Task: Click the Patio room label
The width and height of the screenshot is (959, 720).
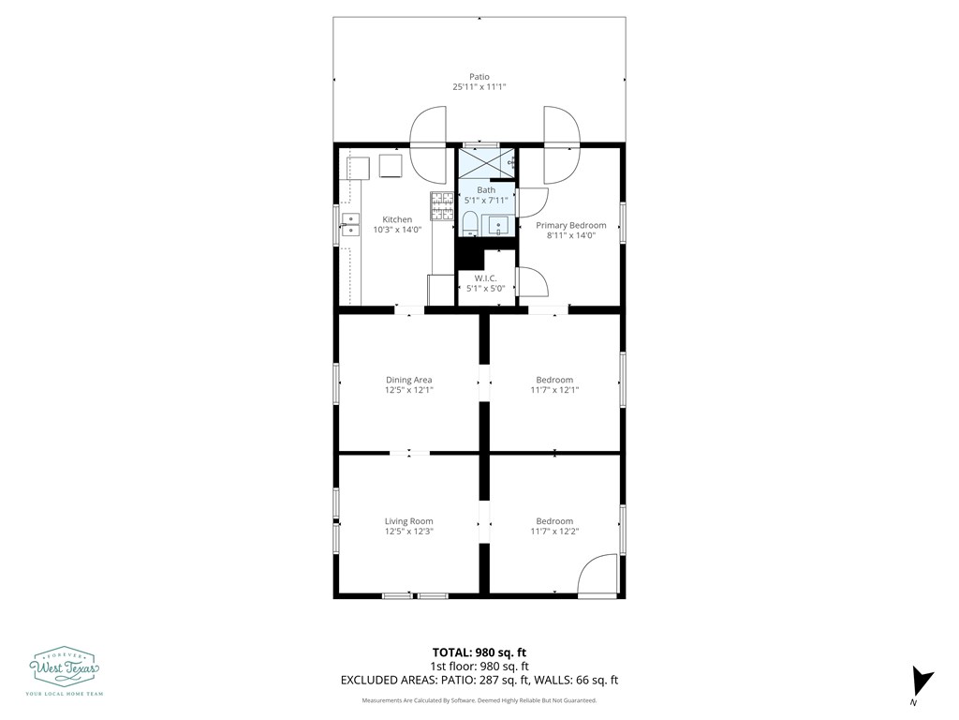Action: (x=479, y=77)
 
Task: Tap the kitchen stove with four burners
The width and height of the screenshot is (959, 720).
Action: (x=442, y=205)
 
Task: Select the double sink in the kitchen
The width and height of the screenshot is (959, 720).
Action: (x=350, y=224)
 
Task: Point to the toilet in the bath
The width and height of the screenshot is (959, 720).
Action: (x=469, y=223)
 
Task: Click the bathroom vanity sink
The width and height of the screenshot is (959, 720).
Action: (x=499, y=225)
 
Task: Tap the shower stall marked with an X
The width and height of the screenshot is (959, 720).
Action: (x=487, y=162)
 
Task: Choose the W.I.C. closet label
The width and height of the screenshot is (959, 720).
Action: (x=486, y=278)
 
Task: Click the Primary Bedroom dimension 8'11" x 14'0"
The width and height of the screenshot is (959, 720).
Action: (x=571, y=235)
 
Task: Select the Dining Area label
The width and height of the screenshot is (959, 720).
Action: (x=408, y=380)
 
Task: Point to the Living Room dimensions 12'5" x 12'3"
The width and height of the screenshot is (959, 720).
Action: (x=408, y=532)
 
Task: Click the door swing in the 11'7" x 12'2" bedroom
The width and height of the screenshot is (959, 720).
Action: (x=598, y=575)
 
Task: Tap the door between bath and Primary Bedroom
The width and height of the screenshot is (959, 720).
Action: (x=533, y=202)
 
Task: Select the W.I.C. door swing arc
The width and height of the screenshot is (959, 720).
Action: (x=533, y=282)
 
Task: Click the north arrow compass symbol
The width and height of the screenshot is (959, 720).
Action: (x=922, y=682)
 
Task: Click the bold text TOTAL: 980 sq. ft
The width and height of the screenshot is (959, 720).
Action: (x=479, y=652)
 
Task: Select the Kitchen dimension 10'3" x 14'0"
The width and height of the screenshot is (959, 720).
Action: (x=397, y=231)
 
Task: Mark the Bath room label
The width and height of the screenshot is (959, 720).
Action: (x=486, y=189)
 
